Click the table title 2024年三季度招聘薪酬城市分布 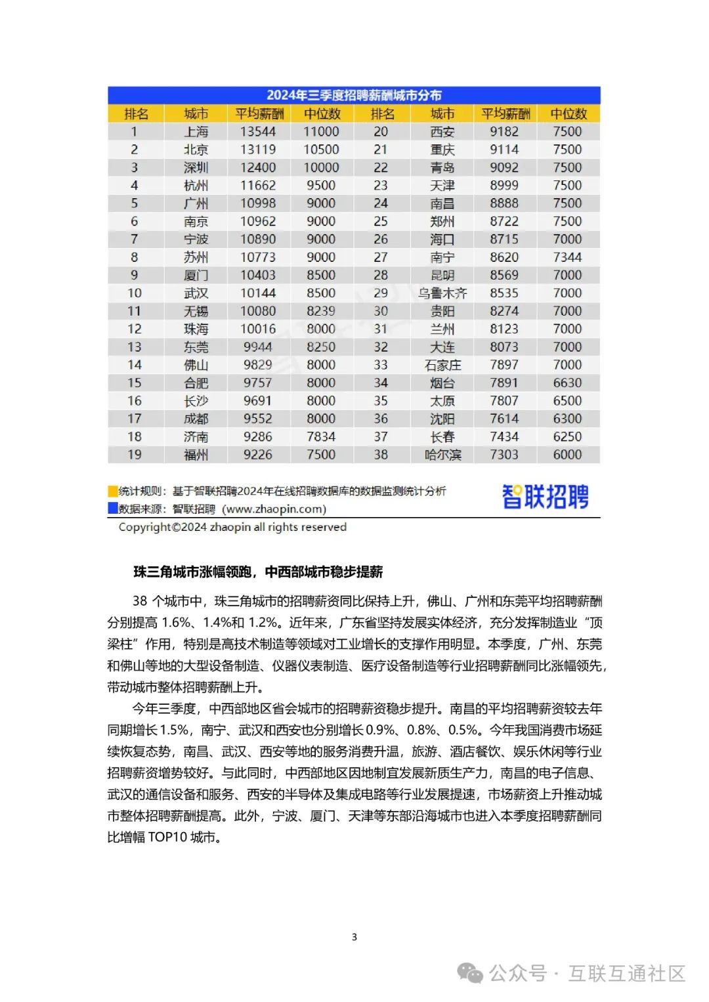coord(354,95)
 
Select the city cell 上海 coord(196,132)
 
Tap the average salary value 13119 coord(258,150)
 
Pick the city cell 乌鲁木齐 coord(442,293)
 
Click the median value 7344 coord(567,257)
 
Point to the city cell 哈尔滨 coord(442,455)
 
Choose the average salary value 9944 coord(258,347)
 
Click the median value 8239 coord(321,311)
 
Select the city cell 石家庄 coord(442,365)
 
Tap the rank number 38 coord(381,455)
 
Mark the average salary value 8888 coord(504,203)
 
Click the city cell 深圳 coord(196,168)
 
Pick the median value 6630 coord(567,383)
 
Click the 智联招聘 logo coord(545,497)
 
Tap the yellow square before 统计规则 coord(113,491)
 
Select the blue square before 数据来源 coord(113,509)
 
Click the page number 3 coord(354,937)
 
